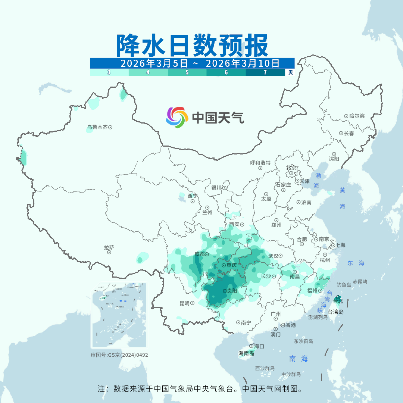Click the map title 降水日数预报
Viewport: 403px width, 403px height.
pyautogui.click(x=192, y=46)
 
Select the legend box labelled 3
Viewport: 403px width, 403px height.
pyautogui.click(x=109, y=72)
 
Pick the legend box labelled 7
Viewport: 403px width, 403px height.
pyautogui.click(x=265, y=72)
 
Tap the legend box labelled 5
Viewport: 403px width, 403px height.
pyautogui.click(x=187, y=72)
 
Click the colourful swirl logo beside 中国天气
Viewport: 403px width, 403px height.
pyautogui.click(x=176, y=117)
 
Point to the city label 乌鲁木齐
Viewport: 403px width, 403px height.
pyautogui.click(x=97, y=127)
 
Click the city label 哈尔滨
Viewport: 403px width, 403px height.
pyautogui.click(x=357, y=116)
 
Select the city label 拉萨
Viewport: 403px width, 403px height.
pyautogui.click(x=109, y=247)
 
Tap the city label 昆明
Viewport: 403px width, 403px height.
pyautogui.click(x=184, y=303)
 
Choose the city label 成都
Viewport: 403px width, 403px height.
pyautogui.click(x=199, y=254)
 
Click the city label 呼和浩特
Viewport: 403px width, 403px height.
pyautogui.click(x=260, y=163)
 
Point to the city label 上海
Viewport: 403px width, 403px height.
pyautogui.click(x=340, y=245)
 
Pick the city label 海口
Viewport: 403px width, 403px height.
pyautogui.click(x=259, y=346)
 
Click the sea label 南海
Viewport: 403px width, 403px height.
pyautogui.click(x=299, y=359)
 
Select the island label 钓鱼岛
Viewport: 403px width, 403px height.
pyautogui.click(x=344, y=285)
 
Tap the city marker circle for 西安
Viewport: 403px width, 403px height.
pyautogui.click(x=242, y=225)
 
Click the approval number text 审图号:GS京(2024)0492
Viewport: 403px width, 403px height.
pyautogui.click(x=119, y=355)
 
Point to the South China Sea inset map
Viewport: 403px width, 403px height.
pyautogui.click(x=119, y=315)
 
